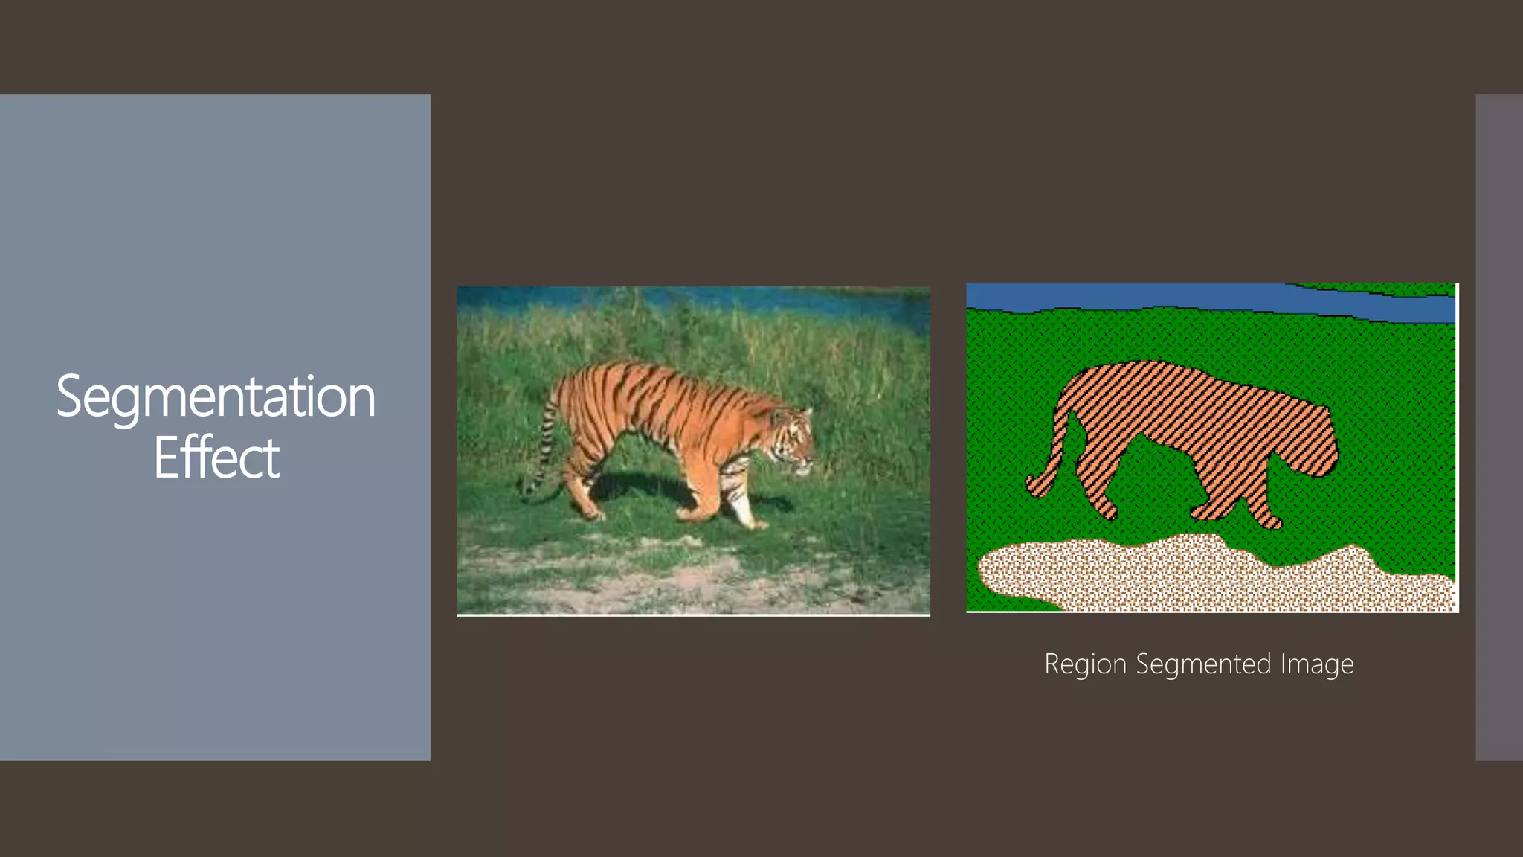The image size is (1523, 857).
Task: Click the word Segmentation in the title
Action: (216, 397)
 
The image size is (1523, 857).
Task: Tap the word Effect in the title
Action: (216, 458)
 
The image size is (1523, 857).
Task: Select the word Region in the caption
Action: (1085, 664)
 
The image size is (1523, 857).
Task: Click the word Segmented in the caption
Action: (1203, 664)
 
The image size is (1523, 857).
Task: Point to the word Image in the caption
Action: (1316, 664)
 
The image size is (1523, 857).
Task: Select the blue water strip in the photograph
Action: (692, 299)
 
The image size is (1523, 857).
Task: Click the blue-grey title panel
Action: (215, 223)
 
